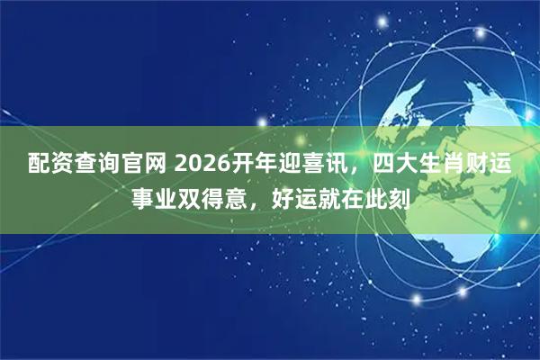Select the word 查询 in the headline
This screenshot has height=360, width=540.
coord(84,165)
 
